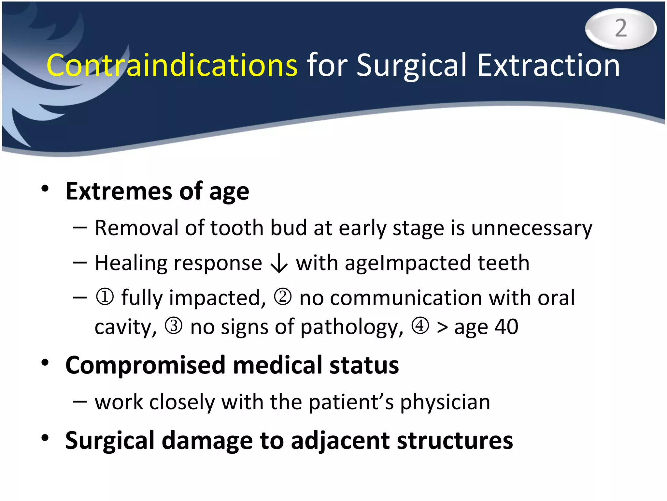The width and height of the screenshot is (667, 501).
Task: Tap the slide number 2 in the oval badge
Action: click(621, 28)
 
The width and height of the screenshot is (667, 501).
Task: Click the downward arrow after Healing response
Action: click(279, 264)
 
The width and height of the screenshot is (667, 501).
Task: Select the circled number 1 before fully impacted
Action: click(105, 297)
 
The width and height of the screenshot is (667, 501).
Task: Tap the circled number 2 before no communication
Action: click(282, 297)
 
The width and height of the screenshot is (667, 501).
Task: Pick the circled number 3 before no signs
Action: click(174, 326)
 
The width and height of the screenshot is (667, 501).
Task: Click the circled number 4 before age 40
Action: click(420, 326)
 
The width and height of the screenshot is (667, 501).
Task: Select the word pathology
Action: click(352, 327)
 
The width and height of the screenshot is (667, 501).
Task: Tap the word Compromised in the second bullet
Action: click(145, 365)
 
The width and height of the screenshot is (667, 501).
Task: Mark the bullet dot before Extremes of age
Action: click(45, 189)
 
